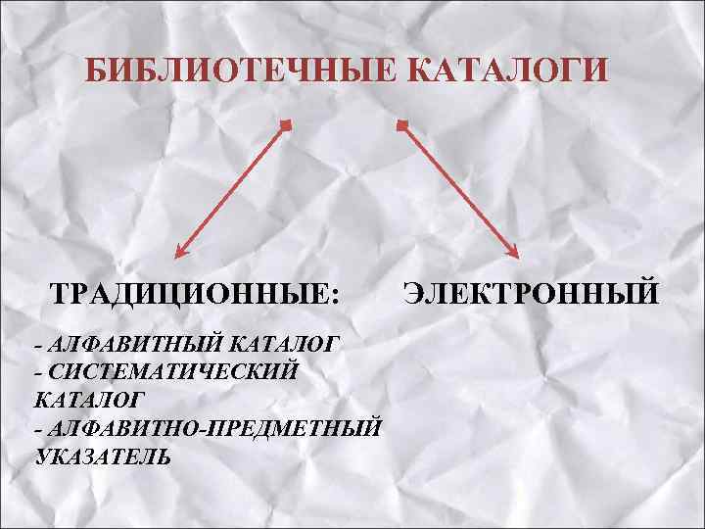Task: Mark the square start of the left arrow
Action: (285, 124)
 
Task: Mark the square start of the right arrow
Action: (400, 124)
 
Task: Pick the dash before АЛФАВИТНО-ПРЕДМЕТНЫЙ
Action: (37, 429)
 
